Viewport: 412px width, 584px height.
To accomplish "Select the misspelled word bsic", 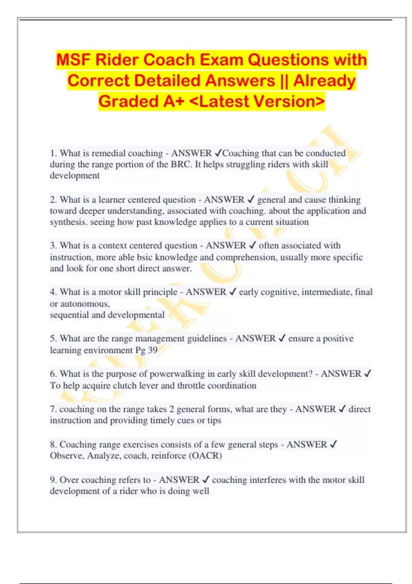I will click(145, 257).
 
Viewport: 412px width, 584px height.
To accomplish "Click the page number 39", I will click(153, 350).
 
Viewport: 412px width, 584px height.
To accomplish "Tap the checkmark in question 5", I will click(282, 338).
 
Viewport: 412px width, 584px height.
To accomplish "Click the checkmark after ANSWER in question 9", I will click(206, 480).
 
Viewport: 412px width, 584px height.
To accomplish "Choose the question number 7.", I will click(53, 409).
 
